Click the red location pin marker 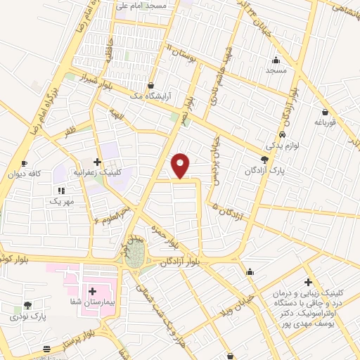pos(181,165)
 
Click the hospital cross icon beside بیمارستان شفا pos(93,290)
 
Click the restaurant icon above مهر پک pos(61,190)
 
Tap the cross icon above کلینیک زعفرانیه pos(97,162)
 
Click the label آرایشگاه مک pos(173,96)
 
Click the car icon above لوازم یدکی pos(282,134)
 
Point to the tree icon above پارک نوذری pos(27,305)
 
